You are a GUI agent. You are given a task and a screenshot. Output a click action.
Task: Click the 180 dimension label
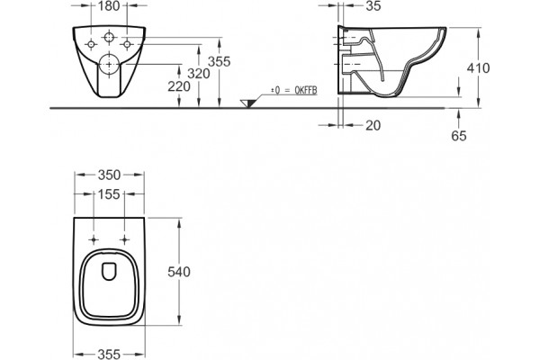109,6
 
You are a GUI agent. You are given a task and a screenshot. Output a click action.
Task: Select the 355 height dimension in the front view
219,62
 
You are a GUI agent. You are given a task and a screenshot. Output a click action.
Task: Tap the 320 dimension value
199,74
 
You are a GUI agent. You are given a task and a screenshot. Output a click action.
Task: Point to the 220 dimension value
179,86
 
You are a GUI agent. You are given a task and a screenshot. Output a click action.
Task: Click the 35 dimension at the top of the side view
373,6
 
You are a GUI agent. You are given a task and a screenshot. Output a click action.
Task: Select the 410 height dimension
478,68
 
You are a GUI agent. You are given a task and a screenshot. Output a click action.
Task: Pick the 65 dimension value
459,136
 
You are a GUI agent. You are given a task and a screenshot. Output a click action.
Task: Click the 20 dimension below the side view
373,125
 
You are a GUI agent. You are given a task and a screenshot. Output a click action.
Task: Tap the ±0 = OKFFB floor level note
293,90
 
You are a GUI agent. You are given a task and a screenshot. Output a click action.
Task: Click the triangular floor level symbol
247,103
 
